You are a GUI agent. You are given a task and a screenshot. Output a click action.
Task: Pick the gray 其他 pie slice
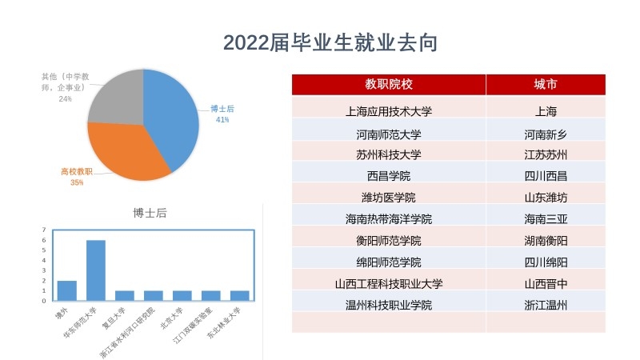point(116,96)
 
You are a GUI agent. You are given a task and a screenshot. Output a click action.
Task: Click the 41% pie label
point(222,120)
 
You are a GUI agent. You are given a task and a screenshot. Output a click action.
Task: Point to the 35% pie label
point(77,182)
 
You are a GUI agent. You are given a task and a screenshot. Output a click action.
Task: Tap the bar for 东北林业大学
point(240,295)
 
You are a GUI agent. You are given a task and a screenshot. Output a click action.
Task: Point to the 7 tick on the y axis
point(45,230)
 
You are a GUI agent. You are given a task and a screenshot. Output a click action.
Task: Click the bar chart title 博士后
point(150,213)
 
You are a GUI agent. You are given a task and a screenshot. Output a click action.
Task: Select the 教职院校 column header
point(389,84)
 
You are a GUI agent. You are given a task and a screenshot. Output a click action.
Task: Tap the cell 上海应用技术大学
point(389,111)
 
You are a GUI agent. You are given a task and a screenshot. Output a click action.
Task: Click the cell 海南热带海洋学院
point(389,218)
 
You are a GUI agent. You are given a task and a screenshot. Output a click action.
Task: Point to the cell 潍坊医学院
point(389,197)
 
